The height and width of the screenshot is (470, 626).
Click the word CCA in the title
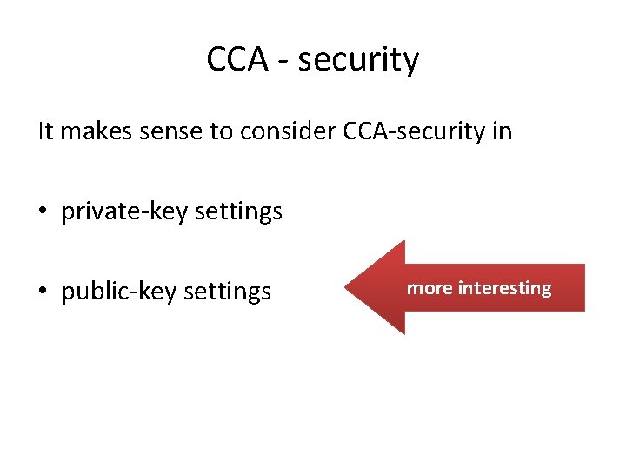[236, 60]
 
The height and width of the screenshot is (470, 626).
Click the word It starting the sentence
[45, 131]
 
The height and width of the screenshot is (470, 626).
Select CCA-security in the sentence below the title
[408, 131]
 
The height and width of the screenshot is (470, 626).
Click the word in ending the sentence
[502, 131]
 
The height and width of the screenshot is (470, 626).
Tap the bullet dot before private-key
[43, 211]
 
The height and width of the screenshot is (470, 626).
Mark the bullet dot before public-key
[43, 291]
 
